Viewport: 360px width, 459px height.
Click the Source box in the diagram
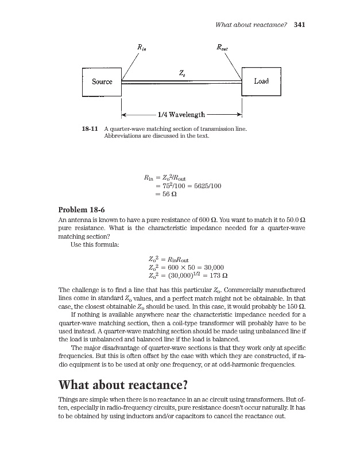tap(102, 81)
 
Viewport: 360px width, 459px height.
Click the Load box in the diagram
tap(261, 81)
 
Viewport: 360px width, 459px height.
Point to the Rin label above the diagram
tap(140, 48)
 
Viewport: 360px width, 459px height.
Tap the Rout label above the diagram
tap(222, 48)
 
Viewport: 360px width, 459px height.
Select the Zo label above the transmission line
tap(181, 73)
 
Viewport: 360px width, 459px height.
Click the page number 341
tap(299, 25)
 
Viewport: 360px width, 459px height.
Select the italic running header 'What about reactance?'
tap(250, 25)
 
